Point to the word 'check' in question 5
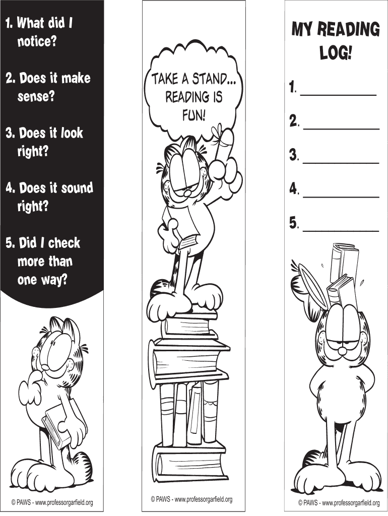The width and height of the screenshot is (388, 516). point(64,243)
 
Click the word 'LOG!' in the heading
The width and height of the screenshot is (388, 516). point(336,52)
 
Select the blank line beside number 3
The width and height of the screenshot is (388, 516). point(341,162)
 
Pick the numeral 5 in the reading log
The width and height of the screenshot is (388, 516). point(293,223)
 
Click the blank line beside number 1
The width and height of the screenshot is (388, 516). point(338,95)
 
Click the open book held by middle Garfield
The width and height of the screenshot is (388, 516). point(182,227)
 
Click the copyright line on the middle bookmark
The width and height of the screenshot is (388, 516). point(191,499)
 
